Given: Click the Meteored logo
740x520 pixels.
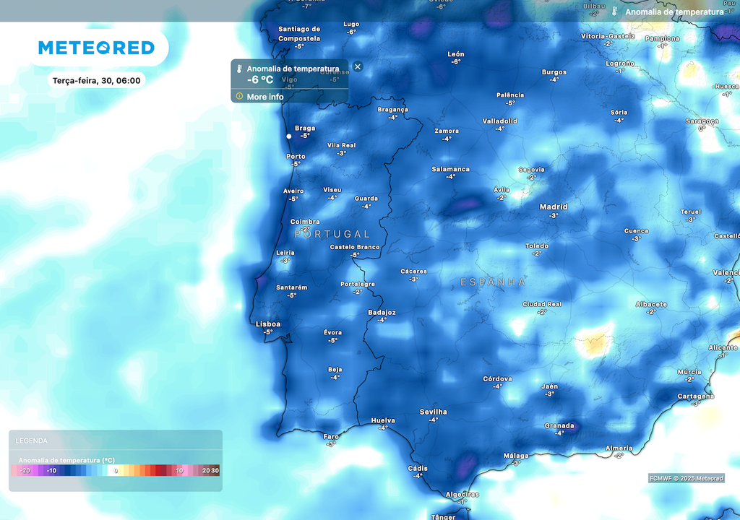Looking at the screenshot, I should [96, 48].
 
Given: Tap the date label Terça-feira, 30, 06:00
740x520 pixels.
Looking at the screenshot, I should [96, 80].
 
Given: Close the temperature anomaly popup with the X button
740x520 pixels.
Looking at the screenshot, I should [358, 66].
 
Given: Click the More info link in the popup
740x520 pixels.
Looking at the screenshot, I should [264, 97].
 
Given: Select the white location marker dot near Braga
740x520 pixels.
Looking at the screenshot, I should [289, 136].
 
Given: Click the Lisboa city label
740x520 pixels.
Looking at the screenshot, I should [268, 324].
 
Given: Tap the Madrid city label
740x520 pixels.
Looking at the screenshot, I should [554, 207].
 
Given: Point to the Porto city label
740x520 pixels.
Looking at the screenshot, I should [296, 156].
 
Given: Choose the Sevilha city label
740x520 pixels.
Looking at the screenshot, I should [433, 412].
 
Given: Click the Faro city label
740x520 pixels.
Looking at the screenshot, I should [331, 436].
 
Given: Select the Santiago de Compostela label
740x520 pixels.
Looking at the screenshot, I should [299, 33].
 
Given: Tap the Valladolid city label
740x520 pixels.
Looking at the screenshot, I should [500, 121].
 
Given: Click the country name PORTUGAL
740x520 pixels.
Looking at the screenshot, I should [332, 234].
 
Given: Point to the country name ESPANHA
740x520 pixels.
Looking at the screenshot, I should [493, 282].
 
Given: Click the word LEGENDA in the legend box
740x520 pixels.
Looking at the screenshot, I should [32, 441].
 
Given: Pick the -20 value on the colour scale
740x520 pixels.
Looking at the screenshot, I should [24, 471].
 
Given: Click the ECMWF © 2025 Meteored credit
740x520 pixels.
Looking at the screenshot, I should [686, 478].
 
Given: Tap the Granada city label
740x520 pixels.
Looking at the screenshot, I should [559, 425].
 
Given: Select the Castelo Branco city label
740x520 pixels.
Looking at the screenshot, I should [355, 247].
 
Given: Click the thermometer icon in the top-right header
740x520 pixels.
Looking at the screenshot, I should [615, 12].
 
